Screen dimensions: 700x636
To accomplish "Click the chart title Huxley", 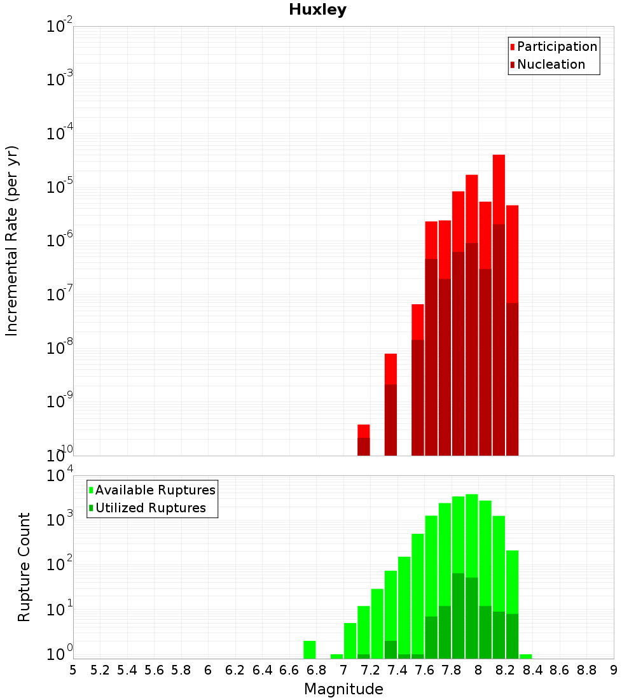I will tap(317, 10).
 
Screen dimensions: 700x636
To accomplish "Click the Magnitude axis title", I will tap(343, 689).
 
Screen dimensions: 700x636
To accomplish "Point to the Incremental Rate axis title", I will tap(12, 241).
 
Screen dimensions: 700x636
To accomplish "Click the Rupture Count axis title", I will tap(24, 566).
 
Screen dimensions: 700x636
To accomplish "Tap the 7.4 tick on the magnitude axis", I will tap(397, 670).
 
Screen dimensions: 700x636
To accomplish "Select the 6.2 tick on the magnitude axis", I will tap(235, 670).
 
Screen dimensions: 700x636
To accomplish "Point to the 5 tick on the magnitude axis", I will tap(73, 670).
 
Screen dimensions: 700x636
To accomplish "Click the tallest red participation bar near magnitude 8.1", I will tap(499, 191).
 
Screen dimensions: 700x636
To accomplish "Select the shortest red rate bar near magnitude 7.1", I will tap(364, 431).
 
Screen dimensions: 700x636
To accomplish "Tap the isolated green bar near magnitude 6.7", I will tap(310, 650).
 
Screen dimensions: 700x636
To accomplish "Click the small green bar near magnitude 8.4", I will tap(526, 656).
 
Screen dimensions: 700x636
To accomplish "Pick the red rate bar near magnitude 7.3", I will tap(391, 370).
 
